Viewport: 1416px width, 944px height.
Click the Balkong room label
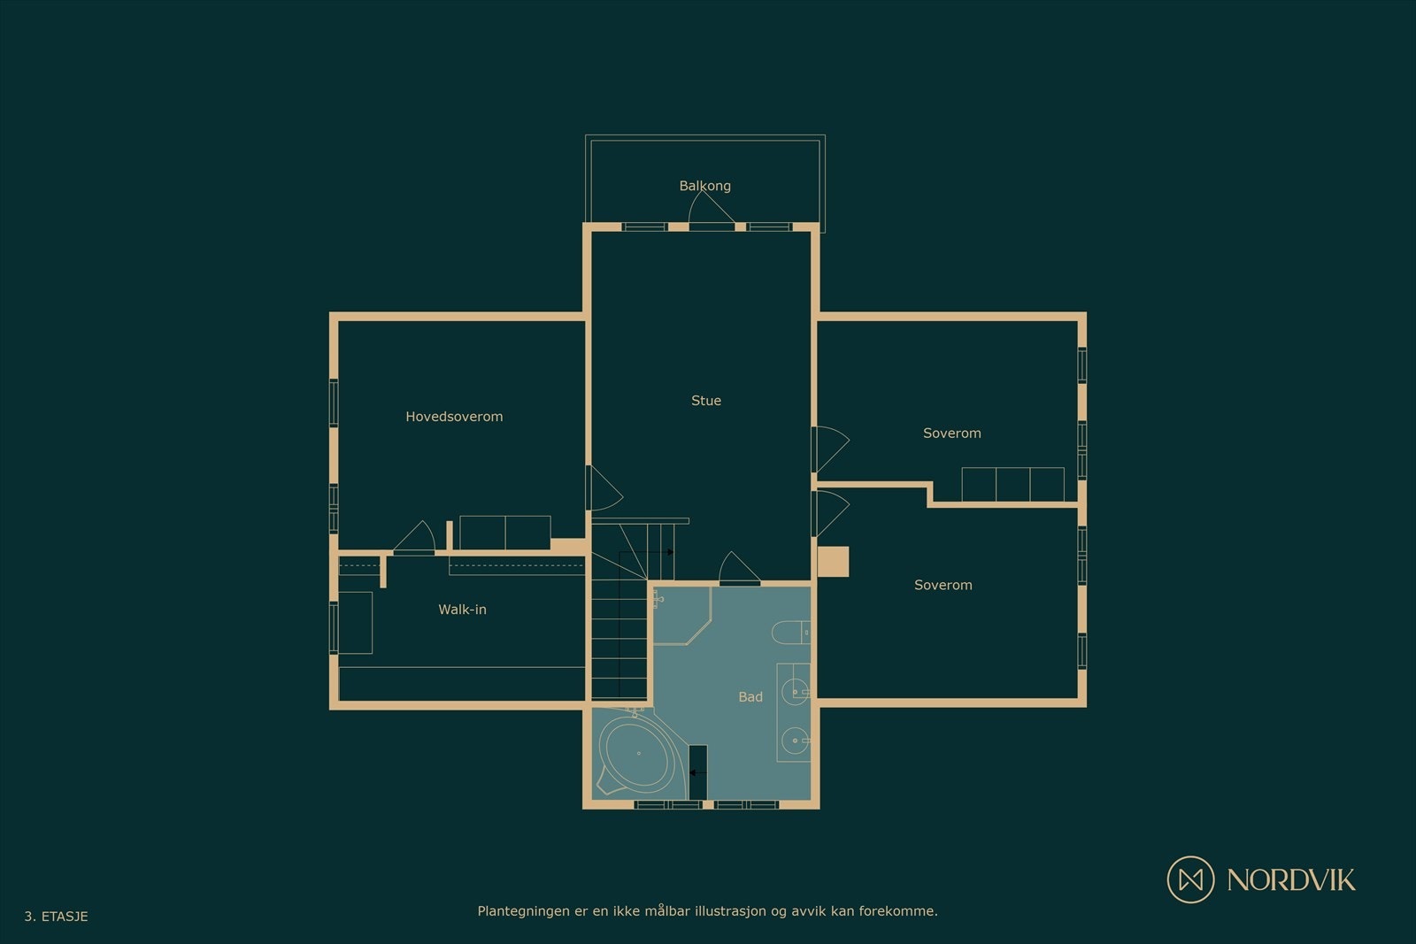(704, 186)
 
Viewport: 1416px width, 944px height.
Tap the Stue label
(706, 401)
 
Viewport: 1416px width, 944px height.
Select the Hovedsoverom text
(454, 417)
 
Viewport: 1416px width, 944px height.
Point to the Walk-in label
(462, 610)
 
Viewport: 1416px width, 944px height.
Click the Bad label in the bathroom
(750, 697)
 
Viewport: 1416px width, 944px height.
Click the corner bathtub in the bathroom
(638, 753)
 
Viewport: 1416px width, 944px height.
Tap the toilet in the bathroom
(791, 633)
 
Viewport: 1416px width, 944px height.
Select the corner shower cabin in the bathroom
(681, 616)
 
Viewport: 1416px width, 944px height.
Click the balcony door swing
(712, 207)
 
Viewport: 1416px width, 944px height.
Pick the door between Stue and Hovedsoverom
(604, 487)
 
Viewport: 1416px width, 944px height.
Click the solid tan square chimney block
(833, 562)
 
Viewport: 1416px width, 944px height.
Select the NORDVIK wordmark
(1291, 880)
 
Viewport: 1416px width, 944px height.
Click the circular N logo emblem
(1190, 879)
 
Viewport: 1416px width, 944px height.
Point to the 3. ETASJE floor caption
(57, 917)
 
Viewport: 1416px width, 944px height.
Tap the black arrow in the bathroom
(697, 772)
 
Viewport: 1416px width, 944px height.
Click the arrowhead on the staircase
(670, 552)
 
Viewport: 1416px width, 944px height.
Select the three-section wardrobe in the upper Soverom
(1012, 485)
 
